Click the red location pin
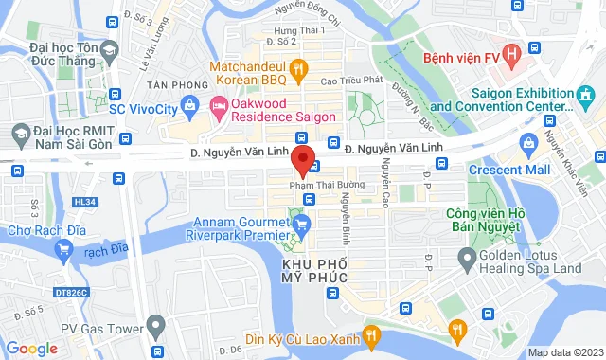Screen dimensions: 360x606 point(302,159)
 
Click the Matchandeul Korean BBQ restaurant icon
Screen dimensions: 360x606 point(297,68)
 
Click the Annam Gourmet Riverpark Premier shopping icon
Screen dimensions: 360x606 point(301,224)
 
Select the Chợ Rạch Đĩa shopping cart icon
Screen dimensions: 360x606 point(64,250)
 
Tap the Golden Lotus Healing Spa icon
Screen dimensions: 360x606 point(466,258)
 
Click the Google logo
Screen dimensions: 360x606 point(32,348)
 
